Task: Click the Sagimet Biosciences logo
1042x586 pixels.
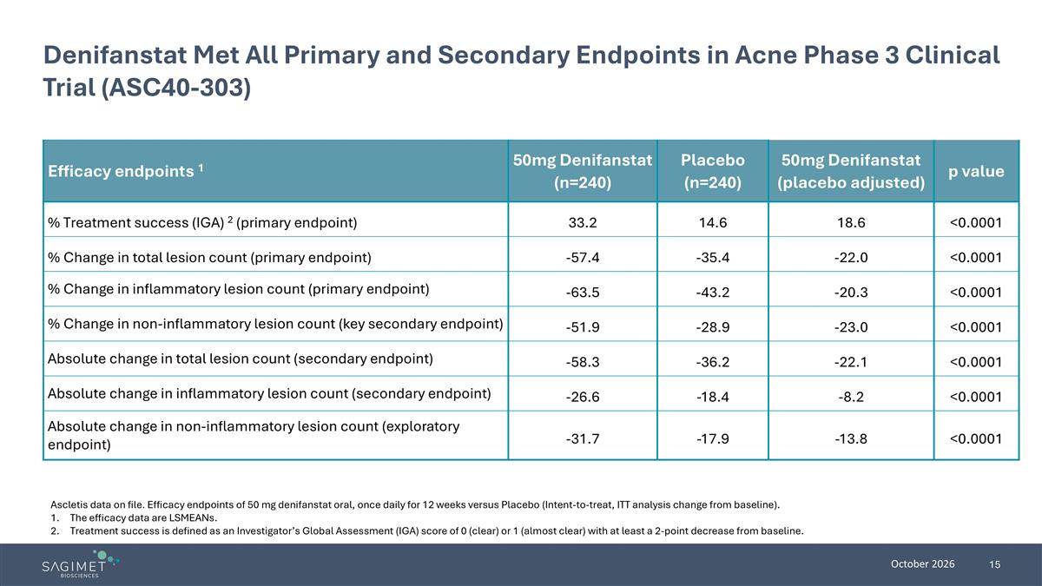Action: pos(81,563)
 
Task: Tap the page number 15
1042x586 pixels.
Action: pos(994,564)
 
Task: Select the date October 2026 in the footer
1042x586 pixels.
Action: pos(922,564)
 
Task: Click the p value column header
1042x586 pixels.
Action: pos(976,171)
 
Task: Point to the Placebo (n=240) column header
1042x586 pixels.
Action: pos(713,171)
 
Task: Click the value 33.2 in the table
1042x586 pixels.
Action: pos(583,223)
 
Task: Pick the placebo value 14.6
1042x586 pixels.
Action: pos(713,223)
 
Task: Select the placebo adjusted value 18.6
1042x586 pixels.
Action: pos(851,223)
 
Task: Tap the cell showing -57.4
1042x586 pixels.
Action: pos(583,258)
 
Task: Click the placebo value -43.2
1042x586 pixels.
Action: pos(713,293)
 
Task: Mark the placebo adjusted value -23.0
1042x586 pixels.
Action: pos(851,327)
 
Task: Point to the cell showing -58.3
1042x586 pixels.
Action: pos(583,362)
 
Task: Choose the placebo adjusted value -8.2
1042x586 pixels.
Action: pos(851,398)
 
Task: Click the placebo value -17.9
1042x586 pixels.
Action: pos(713,439)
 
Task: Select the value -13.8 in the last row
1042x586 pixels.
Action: pos(851,439)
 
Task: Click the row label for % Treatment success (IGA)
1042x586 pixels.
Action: pos(202,223)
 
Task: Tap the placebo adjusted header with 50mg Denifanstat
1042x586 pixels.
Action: pos(851,171)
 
